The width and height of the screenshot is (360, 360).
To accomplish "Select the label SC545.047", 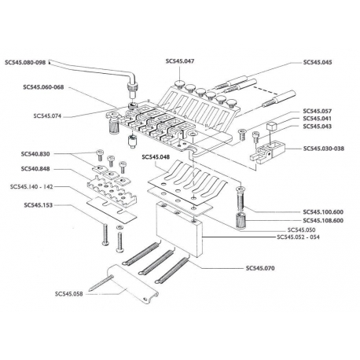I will (x=180, y=61).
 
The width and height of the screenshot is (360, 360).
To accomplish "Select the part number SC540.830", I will (x=43, y=154).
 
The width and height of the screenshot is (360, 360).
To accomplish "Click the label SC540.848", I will (x=43, y=168).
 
